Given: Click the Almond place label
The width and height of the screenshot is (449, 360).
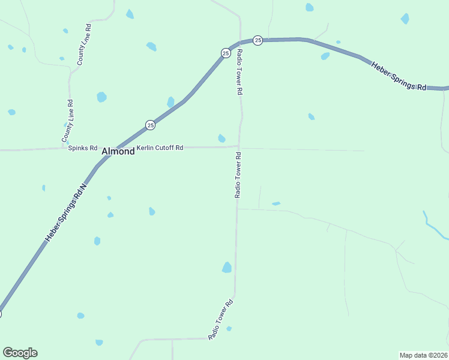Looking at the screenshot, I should [x=118, y=152].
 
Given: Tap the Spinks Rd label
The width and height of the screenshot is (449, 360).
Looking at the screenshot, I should [x=83, y=148].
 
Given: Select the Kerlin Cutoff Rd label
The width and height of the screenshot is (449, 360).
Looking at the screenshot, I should [x=160, y=148].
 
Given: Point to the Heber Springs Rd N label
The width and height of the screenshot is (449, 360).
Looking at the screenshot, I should [x=67, y=212].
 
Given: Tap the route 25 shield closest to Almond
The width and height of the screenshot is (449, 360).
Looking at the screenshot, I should [x=150, y=125].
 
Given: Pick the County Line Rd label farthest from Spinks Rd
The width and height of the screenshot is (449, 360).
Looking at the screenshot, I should [x=85, y=45].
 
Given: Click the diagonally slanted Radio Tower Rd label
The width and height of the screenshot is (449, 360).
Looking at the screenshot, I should [x=220, y=320].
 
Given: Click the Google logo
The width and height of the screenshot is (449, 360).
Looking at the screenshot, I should [x=20, y=353].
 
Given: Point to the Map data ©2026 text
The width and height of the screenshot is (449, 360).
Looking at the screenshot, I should [x=423, y=355].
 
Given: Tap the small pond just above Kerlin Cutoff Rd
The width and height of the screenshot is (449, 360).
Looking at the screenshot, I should [x=221, y=139].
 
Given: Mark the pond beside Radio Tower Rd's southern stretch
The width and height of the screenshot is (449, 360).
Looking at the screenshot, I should [x=227, y=268].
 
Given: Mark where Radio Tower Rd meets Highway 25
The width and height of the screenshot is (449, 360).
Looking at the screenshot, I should [x=240, y=42].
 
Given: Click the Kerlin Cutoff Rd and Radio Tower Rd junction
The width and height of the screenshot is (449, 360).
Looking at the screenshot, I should [x=238, y=146].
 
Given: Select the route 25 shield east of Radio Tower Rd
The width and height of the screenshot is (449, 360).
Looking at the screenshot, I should [x=258, y=40].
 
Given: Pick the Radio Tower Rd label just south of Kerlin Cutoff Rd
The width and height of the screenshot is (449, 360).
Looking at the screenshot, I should [x=238, y=175].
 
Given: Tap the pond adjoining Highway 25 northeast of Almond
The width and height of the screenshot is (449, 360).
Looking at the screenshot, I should [x=170, y=102].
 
